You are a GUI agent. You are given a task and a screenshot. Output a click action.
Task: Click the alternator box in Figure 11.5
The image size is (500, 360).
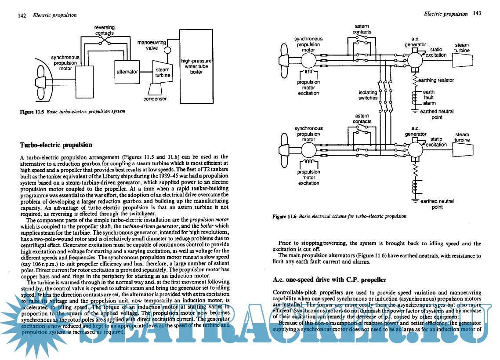click(127, 72)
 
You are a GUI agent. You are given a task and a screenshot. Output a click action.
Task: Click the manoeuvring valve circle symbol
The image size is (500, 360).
click(167, 50)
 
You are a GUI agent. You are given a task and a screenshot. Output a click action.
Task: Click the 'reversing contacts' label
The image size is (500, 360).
click(105, 30)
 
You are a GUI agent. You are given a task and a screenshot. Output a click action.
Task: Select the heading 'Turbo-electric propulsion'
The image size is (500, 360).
click(56, 145)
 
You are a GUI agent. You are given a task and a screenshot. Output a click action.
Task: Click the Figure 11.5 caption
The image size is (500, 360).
click(73, 112)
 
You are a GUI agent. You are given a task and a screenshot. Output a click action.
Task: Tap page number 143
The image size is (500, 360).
click(477, 14)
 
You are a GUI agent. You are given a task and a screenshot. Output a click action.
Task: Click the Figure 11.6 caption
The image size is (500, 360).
click(339, 216)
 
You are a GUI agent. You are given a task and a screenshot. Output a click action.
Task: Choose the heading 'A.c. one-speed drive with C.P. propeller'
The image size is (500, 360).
click(330, 280)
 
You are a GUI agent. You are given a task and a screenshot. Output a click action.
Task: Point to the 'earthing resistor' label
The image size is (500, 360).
click(436, 80)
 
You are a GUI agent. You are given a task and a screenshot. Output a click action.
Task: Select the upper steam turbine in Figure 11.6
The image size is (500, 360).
click(462, 58)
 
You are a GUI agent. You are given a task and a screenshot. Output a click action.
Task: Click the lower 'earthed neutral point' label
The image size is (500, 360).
click(437, 204)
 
